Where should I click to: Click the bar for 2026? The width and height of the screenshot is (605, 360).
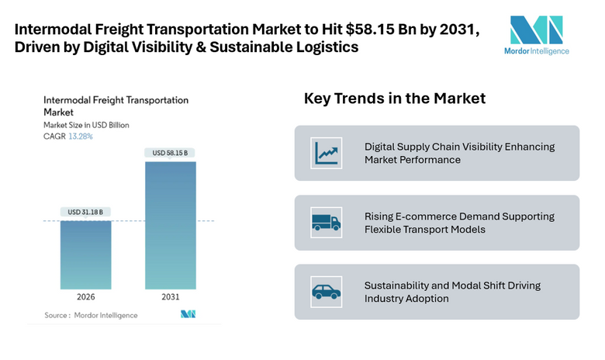pyautogui.click(x=85, y=255)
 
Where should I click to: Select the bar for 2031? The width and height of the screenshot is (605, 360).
pyautogui.click(x=169, y=225)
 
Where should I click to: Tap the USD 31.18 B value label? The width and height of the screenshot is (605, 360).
pyautogui.click(x=85, y=212)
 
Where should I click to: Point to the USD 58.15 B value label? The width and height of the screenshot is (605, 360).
pyautogui.click(x=169, y=152)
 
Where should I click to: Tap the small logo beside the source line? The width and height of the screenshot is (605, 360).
pyautogui.click(x=188, y=314)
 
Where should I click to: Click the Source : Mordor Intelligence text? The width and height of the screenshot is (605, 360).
pyautogui.click(x=90, y=315)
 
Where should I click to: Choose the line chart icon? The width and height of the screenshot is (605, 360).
pyautogui.click(x=326, y=153)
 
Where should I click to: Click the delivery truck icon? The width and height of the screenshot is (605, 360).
pyautogui.click(x=326, y=223)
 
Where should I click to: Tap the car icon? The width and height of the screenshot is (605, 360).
pyautogui.click(x=326, y=292)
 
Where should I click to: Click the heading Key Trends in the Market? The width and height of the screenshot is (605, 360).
pyautogui.click(x=394, y=99)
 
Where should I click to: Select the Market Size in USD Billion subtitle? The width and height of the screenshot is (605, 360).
pyautogui.click(x=86, y=125)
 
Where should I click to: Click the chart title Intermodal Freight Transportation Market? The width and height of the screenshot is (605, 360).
pyautogui.click(x=116, y=106)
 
